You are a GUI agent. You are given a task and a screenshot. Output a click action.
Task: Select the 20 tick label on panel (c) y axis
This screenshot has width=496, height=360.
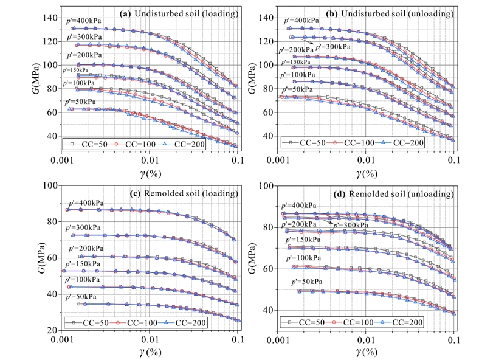point(52,330)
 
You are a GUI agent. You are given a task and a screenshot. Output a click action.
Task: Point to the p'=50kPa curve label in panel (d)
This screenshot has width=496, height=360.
point(308,283)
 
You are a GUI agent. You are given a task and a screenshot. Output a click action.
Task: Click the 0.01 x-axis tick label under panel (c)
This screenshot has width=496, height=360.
point(150,339)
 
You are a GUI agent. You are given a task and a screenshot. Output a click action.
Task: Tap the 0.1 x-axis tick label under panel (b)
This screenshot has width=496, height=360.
point(452,161)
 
